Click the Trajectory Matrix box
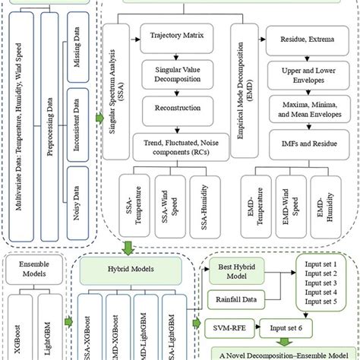pos(178,35)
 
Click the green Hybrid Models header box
pos(128,268)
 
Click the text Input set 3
pos(321,282)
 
